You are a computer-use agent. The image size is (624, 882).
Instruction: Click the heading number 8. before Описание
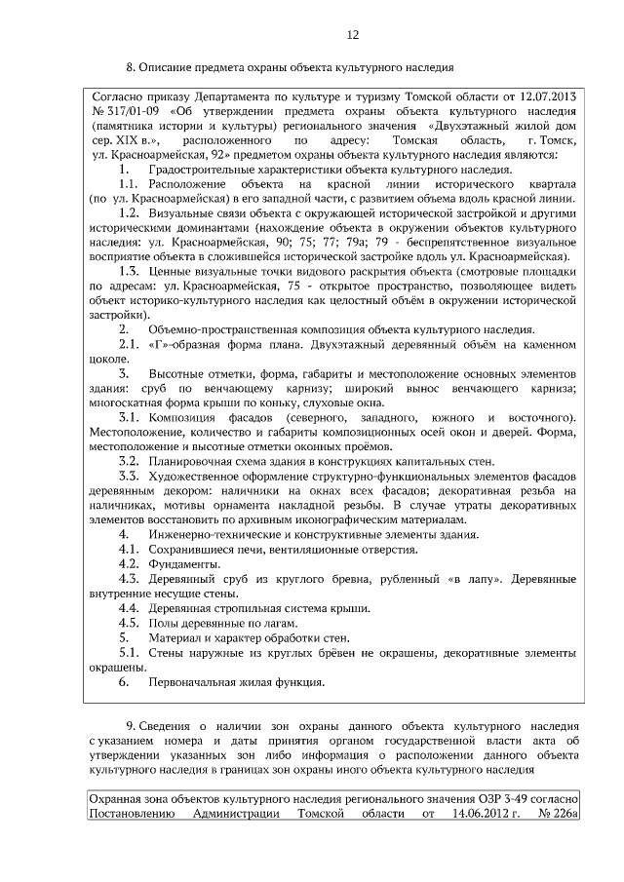(131, 68)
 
